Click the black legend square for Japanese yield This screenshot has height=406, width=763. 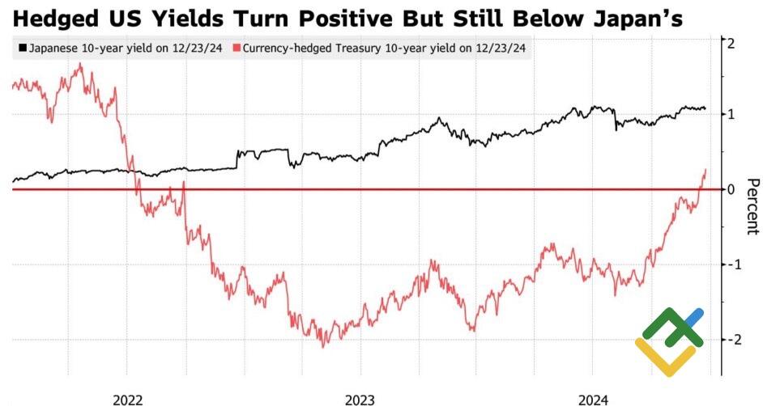(x=22, y=49)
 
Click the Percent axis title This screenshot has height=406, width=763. (x=752, y=207)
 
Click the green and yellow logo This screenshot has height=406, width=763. (x=669, y=341)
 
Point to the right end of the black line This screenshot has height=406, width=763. (x=705, y=108)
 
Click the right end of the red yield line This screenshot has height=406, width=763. (x=705, y=170)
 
